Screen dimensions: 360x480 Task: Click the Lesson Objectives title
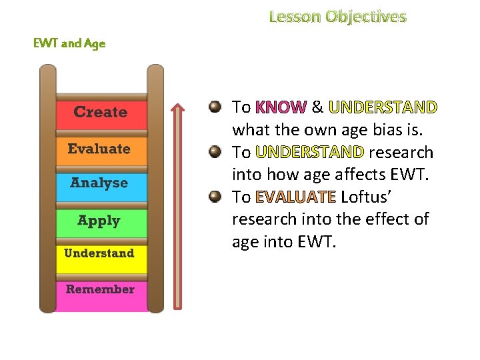337,16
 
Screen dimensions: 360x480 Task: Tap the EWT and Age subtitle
69,44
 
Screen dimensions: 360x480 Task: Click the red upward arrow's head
178,108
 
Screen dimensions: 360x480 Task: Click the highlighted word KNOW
280,107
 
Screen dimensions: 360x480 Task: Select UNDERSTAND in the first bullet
383,107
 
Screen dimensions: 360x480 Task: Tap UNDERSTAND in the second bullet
309,153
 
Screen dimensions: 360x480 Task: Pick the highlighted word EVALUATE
295,197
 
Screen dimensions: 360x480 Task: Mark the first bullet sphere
215,107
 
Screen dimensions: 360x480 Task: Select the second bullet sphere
215,152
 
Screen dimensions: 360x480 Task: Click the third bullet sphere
215,197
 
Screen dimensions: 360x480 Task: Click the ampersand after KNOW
317,107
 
